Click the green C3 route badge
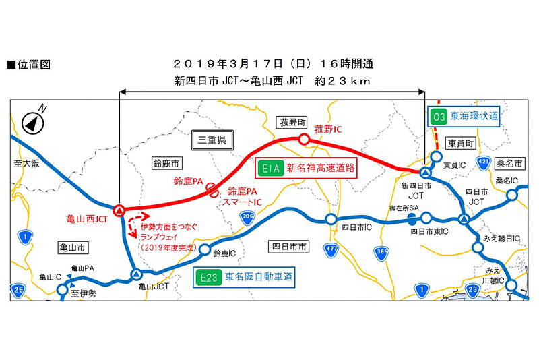(x=439, y=116)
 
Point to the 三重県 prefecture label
(x=211, y=140)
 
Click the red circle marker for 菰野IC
(x=304, y=139)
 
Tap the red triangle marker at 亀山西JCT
(x=119, y=210)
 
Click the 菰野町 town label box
(x=294, y=122)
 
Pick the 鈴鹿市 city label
(x=164, y=164)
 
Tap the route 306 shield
(x=248, y=215)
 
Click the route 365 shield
(x=383, y=251)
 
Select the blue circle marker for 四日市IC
(x=331, y=219)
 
